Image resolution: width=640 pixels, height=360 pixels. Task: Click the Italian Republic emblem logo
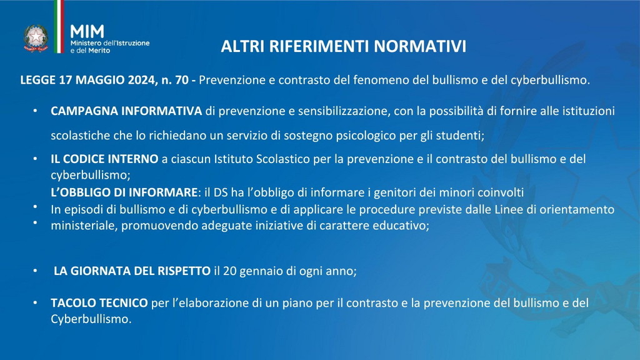[x=36, y=38]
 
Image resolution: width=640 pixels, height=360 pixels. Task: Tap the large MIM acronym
[x=87, y=31]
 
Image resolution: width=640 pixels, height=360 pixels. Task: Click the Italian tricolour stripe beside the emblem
[x=59, y=26]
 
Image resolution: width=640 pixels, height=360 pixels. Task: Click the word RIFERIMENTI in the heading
[x=319, y=46]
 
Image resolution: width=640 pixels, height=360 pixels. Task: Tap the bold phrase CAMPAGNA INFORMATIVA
[x=126, y=111]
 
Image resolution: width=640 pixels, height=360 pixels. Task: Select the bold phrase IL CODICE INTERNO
[x=104, y=159]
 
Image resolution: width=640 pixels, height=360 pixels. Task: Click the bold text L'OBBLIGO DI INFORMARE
[x=124, y=192]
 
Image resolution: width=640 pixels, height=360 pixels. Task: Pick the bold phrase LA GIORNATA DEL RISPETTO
[x=132, y=271]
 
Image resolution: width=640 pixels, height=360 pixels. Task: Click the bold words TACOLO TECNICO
[x=99, y=303]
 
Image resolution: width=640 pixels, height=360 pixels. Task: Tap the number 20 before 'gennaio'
[x=230, y=271]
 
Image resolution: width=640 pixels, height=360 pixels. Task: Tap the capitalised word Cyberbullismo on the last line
[x=90, y=319]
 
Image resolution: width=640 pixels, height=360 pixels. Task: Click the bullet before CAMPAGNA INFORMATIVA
[x=36, y=111]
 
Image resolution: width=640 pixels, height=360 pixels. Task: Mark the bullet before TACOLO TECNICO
[x=36, y=303]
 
